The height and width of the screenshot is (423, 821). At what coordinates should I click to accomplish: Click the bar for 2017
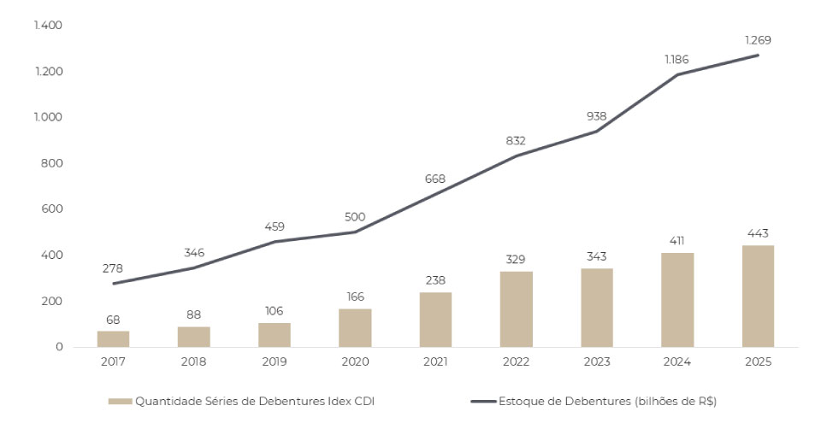tap(113, 339)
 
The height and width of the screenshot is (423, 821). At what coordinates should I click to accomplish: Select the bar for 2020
tap(355, 328)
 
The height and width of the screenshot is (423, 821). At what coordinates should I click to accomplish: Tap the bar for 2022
tap(516, 309)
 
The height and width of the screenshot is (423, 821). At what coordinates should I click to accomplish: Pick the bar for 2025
tap(758, 297)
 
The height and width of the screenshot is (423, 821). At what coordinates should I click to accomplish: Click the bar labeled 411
tap(677, 300)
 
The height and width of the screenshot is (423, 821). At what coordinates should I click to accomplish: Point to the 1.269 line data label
tap(758, 40)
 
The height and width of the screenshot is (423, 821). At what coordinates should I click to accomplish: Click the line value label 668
tap(436, 178)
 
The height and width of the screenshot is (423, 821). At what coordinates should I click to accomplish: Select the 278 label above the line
tap(113, 268)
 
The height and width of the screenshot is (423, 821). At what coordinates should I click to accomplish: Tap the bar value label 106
tap(275, 311)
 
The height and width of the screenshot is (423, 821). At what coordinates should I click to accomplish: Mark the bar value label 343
tap(597, 256)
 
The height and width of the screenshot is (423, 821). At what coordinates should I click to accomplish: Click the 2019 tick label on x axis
tap(275, 361)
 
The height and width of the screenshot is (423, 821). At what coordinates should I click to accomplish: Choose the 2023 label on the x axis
tap(597, 361)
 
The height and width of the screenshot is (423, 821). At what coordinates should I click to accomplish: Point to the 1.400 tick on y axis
tap(49, 26)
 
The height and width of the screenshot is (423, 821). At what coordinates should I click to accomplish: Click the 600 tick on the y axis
tap(53, 209)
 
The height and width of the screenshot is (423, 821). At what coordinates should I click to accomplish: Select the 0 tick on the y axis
tap(60, 347)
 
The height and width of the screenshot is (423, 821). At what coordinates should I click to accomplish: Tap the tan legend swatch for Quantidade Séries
tap(119, 401)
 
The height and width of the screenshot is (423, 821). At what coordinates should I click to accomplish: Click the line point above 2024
tap(677, 74)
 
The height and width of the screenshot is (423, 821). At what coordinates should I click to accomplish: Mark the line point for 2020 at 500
tap(355, 232)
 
